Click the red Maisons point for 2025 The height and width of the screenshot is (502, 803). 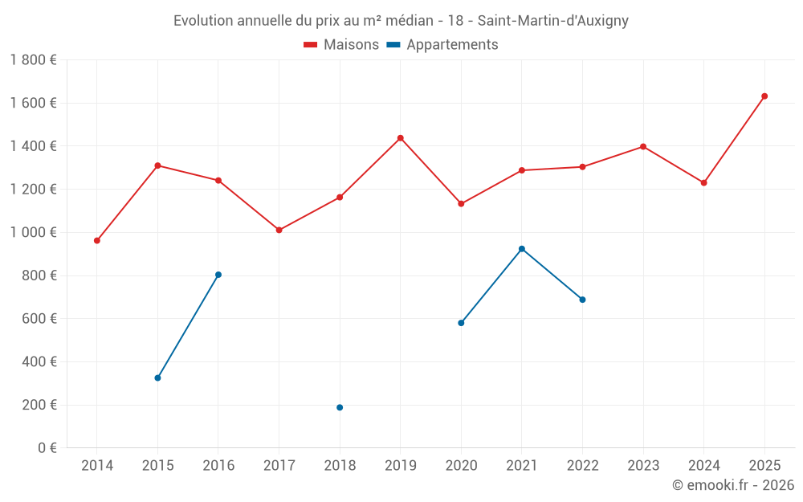coord(764,96)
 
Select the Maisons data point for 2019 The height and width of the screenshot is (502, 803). coord(401,138)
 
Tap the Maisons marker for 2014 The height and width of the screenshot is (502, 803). coord(97,240)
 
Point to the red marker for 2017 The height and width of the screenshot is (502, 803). coord(279,230)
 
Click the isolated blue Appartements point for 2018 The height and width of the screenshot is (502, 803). coord(340,407)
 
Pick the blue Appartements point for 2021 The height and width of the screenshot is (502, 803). coord(522,249)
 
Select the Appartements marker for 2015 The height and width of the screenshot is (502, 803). coord(157,378)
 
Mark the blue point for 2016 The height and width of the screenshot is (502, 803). coord(218,275)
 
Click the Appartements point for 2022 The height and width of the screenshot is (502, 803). coord(582,300)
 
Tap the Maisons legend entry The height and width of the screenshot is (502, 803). coord(341,45)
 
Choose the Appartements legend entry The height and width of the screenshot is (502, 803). coord(442,45)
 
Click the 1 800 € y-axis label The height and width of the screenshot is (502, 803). coord(33,60)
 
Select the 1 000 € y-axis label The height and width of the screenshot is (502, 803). coord(33,232)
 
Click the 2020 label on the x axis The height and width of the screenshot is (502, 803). coord(461,465)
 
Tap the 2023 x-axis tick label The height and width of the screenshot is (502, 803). coord(643,465)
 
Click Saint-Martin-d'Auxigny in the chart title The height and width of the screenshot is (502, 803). coord(553,21)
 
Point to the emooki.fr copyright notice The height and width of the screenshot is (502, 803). coord(732,485)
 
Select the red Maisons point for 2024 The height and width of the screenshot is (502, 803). coord(703,183)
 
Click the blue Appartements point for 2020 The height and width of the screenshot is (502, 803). coord(461,323)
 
